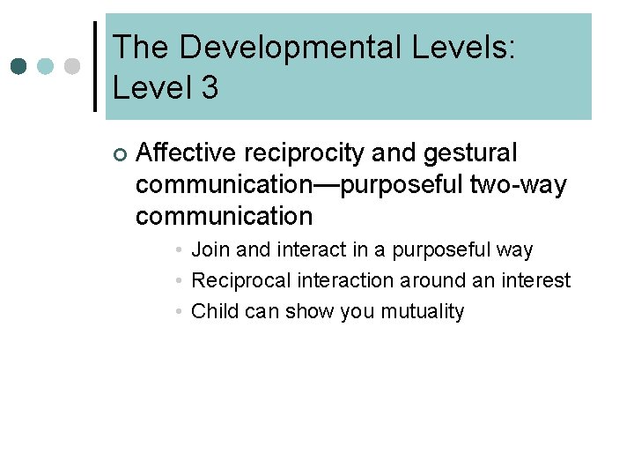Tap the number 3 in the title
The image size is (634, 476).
209,87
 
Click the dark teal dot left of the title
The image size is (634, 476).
18,66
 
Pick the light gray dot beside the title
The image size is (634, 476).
72,66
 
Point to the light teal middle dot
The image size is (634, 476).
46,66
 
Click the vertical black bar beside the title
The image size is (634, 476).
95,66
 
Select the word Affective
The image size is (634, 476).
187,153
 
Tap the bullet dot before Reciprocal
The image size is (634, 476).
179,281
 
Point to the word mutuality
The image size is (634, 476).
422,311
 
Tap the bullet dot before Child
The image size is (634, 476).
179,312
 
